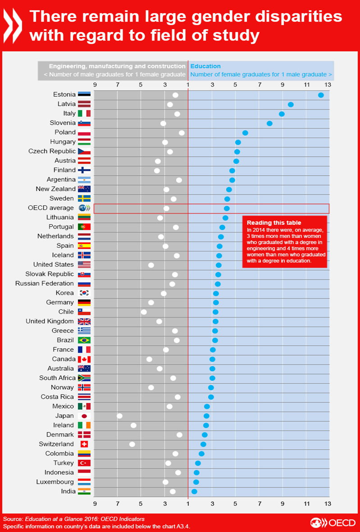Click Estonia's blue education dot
[321, 95]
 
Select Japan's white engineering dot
[119, 416]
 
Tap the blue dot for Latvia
[291, 105]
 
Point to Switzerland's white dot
[132, 444]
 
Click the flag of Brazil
[84, 340]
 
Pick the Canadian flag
[84, 359]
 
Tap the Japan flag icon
[84, 416]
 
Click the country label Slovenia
[63, 123]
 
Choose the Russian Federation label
[44, 283]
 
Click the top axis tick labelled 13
[328, 85]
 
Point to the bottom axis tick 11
[306, 503]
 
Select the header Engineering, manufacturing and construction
[117, 66]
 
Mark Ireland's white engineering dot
[133, 425]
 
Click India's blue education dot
[194, 491]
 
